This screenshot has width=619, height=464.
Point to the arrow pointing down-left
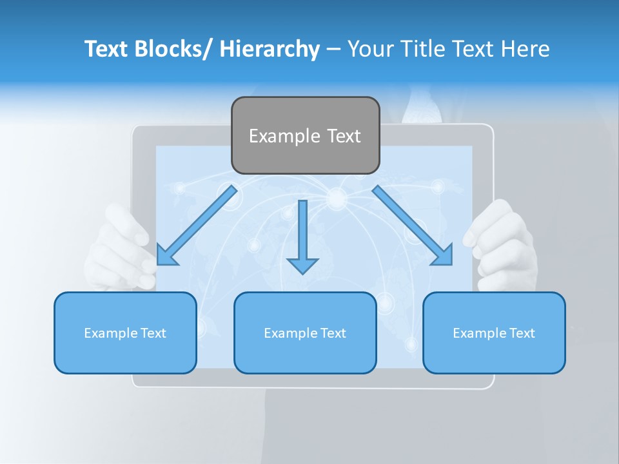coord(196,226)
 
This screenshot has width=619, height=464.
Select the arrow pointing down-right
coord(413,226)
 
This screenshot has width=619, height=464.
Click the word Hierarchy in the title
coord(270,49)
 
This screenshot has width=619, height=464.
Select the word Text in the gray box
coord(344,136)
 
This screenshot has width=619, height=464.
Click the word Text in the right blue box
coord(521,333)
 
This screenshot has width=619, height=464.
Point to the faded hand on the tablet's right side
coord(503,242)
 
